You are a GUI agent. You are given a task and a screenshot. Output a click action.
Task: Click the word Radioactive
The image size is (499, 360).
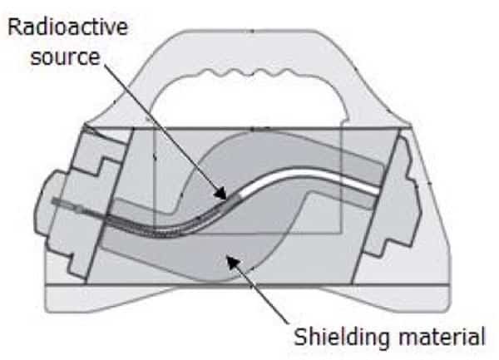[x=67, y=27]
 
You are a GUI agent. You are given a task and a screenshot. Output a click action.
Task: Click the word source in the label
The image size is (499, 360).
[x=65, y=57]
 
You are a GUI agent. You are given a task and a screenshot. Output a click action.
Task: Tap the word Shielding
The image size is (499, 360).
[x=342, y=337]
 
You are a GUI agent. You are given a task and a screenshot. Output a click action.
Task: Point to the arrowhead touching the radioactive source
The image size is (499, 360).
[x=221, y=193]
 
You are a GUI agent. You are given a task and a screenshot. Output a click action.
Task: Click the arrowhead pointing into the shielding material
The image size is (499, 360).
[x=233, y=264]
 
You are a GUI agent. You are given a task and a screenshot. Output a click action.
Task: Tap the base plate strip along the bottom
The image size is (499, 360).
[x=248, y=298]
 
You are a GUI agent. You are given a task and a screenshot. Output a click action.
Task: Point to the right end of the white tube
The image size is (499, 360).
[x=378, y=190]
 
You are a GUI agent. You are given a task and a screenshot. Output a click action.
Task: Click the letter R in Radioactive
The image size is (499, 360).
[x=14, y=27]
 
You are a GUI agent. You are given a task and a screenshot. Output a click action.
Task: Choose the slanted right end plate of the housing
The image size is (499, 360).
[x=376, y=206]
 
